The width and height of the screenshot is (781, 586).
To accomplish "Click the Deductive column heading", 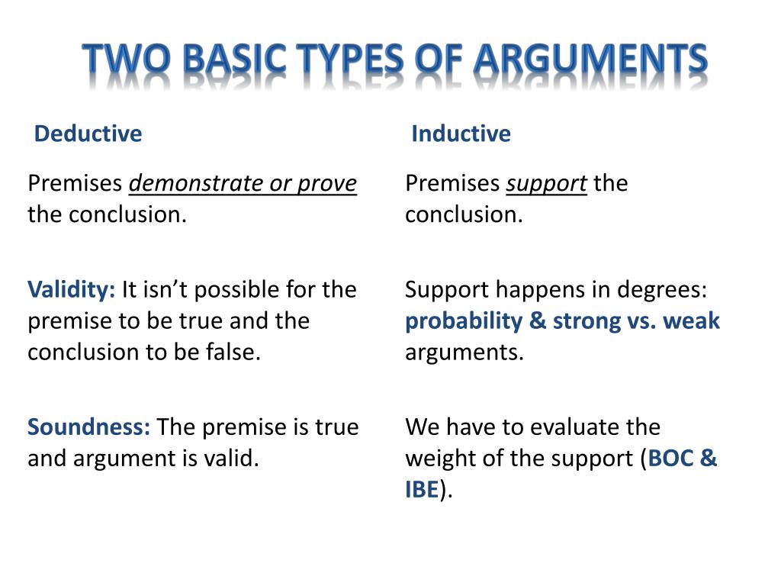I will [88, 134].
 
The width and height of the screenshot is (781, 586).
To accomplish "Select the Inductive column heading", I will [461, 134].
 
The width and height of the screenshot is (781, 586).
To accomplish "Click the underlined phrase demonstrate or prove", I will [243, 184].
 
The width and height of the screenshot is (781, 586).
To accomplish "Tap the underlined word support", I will [547, 184].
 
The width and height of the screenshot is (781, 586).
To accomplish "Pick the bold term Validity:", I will [72, 290].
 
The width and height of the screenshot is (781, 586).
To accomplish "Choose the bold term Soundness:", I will [89, 427].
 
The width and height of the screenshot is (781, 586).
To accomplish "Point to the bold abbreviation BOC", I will [670, 459].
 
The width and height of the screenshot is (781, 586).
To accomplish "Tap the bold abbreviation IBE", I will [421, 490].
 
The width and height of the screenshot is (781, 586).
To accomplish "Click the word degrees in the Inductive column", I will [661, 290].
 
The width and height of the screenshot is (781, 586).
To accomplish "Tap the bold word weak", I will [691, 321].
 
